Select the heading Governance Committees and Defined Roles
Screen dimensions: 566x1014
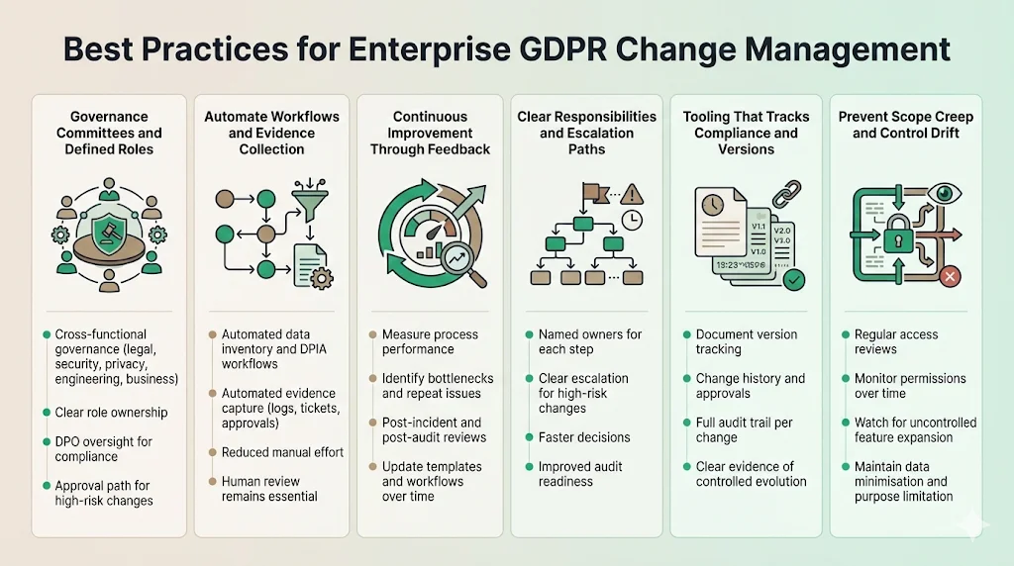(x=109, y=133)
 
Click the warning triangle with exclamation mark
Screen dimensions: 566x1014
(x=633, y=195)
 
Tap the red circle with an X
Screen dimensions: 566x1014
(x=950, y=277)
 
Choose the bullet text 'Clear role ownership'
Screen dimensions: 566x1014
(x=111, y=412)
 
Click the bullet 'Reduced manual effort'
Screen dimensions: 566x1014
(x=282, y=452)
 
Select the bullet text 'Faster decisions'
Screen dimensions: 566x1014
(x=584, y=437)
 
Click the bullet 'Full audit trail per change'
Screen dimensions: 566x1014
(x=745, y=430)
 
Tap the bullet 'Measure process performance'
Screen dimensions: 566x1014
(x=430, y=341)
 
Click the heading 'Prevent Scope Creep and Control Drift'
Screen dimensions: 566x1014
(x=905, y=125)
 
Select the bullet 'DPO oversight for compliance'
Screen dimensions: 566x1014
(x=103, y=449)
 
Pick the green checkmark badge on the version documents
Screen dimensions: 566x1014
(x=793, y=281)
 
